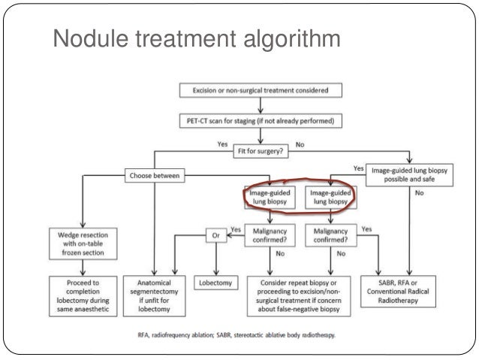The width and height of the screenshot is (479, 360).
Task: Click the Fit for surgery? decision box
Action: (x=261, y=150)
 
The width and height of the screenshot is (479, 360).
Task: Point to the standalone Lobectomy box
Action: (x=217, y=285)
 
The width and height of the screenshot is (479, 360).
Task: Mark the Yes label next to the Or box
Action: (x=236, y=229)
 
